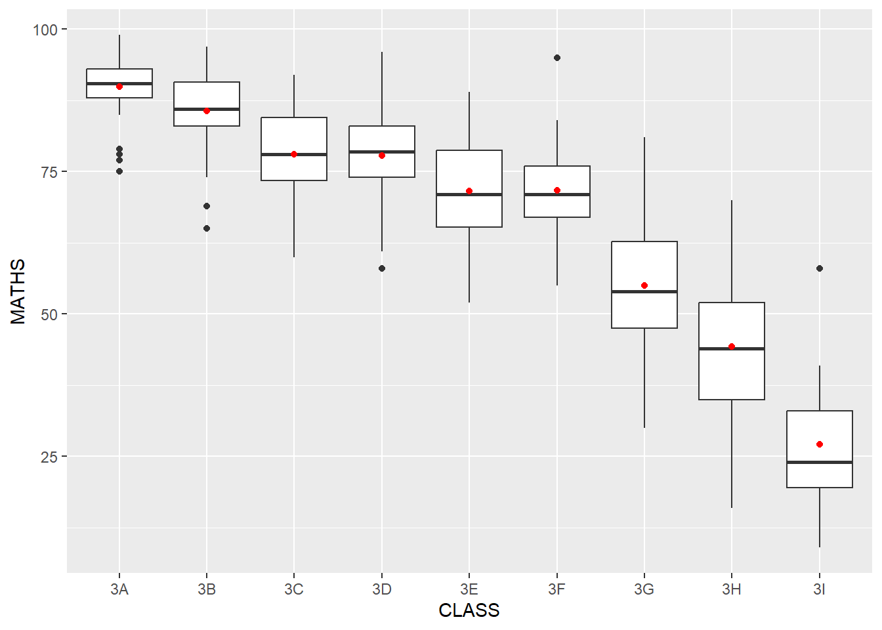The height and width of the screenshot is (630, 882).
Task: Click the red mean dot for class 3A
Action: pos(119,87)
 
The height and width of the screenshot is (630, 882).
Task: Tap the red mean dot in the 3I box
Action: pos(820,444)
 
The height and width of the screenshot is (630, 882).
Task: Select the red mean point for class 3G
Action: pos(644,285)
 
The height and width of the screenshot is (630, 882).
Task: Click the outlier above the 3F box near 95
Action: pos(557,58)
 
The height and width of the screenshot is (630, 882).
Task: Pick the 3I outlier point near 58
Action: pos(820,268)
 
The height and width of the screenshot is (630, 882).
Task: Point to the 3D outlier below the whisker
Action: pos(382,268)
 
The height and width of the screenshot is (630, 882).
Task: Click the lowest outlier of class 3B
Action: pos(207,228)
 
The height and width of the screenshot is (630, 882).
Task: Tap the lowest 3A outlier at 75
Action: pos(119,171)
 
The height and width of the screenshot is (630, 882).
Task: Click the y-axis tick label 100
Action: pos(45,30)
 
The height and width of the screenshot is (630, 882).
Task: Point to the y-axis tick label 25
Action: pos(49,457)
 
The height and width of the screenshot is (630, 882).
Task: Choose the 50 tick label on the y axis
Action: pos(49,314)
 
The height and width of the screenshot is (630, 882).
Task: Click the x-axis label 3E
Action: pos(469,589)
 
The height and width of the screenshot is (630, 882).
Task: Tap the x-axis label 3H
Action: pos(732,589)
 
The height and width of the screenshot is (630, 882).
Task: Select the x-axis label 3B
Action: pos(207,589)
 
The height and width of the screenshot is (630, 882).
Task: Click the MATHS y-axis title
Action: pos(18,291)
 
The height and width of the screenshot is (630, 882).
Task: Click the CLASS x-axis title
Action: pos(469,611)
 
